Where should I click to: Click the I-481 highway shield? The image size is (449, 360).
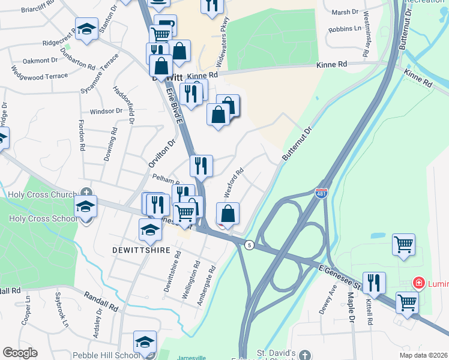pos(321,193)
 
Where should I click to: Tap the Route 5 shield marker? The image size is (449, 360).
pos(249,244)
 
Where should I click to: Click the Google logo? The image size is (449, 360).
pos(20,353)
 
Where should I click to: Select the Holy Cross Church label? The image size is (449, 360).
pos(40,194)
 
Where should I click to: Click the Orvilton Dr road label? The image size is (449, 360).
pos(161,154)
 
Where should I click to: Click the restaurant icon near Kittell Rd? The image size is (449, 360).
pos(374,283)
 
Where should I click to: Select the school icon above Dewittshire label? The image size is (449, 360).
pos(150,229)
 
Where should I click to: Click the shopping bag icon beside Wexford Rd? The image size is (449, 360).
pos(228,214)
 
